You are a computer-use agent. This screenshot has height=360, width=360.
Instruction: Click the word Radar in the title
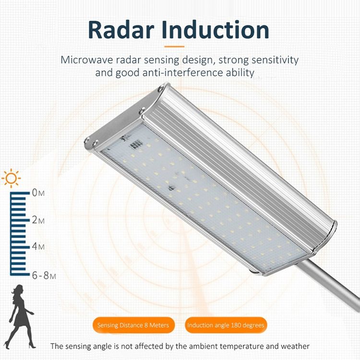click(x=121, y=30)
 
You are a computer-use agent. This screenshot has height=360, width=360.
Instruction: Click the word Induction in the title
click(x=216, y=30)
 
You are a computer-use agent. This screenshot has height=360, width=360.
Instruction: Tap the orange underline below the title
click(x=174, y=47)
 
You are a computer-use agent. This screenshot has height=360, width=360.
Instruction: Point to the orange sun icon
click(x=11, y=178)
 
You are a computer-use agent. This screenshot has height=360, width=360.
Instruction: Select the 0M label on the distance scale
click(x=38, y=193)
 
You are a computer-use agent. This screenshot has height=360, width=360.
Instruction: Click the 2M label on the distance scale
click(x=38, y=220)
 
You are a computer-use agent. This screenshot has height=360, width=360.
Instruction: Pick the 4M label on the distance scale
click(x=38, y=246)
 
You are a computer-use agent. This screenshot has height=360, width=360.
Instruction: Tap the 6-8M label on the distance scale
click(x=44, y=276)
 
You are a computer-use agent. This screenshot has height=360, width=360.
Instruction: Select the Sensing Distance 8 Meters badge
click(x=133, y=325)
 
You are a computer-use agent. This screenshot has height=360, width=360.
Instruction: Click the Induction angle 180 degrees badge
click(x=226, y=325)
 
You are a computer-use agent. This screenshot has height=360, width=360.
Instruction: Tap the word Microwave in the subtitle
click(x=87, y=60)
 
